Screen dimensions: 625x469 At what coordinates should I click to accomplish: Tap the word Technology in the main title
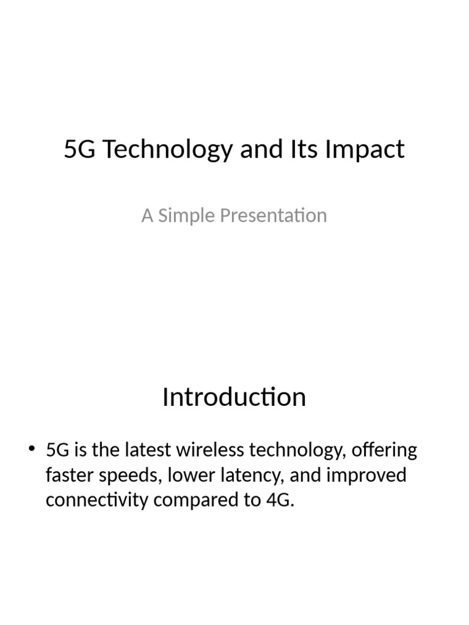coord(166,150)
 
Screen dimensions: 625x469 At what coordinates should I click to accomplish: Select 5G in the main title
coord(79,150)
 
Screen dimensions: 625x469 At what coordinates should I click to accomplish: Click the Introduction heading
coord(234,397)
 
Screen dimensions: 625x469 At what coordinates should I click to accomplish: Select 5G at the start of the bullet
coord(57,451)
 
